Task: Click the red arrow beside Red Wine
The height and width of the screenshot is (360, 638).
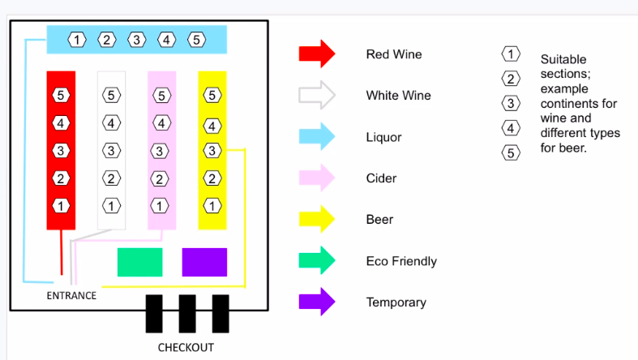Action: [316, 54]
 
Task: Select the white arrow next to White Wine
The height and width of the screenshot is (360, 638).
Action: [316, 95]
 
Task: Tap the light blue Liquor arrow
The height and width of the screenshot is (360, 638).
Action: [316, 137]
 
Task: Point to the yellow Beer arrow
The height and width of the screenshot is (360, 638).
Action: [316, 219]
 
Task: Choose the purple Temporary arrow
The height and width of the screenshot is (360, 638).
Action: [316, 302]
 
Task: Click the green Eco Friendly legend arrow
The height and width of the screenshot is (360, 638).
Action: [316, 260]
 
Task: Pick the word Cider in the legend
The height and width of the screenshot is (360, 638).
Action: [380, 178]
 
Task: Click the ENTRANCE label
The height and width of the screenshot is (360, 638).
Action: [71, 296]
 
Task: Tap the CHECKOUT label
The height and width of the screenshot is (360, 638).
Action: [186, 348]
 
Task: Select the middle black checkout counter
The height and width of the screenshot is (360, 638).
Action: [187, 314]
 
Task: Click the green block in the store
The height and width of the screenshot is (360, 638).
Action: [139, 262]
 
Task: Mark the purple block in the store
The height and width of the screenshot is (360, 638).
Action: [204, 262]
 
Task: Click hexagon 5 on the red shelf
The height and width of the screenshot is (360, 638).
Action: [61, 96]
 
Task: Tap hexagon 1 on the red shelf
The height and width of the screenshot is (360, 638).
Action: [61, 206]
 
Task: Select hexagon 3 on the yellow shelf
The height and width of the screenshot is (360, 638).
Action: [212, 151]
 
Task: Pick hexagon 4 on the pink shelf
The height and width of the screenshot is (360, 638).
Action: [161, 123]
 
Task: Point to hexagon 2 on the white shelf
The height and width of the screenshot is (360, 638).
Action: [111, 178]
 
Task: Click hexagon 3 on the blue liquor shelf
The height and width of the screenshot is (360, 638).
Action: [137, 39]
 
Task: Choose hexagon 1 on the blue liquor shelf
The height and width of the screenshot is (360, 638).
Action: [77, 39]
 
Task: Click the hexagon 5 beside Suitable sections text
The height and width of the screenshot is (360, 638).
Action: [511, 152]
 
